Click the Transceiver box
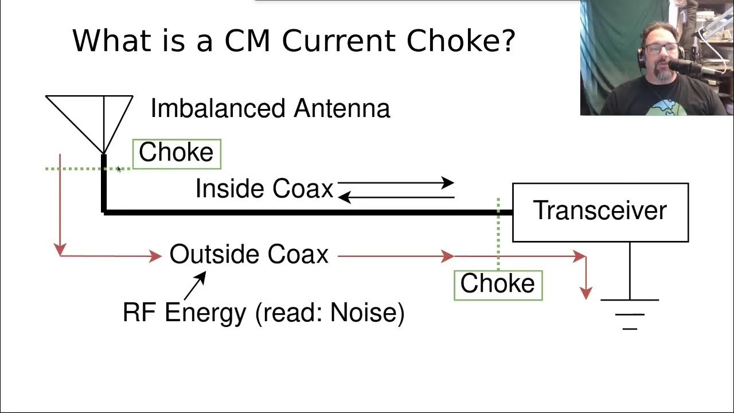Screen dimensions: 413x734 click(600, 212)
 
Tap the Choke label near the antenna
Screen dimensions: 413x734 click(177, 153)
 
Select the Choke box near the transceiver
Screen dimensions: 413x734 click(498, 284)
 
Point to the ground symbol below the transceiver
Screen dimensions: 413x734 click(630, 314)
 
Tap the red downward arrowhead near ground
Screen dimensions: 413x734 click(585, 293)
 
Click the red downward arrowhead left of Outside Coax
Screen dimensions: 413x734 click(60, 249)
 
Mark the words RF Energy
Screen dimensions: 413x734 click(185, 313)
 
